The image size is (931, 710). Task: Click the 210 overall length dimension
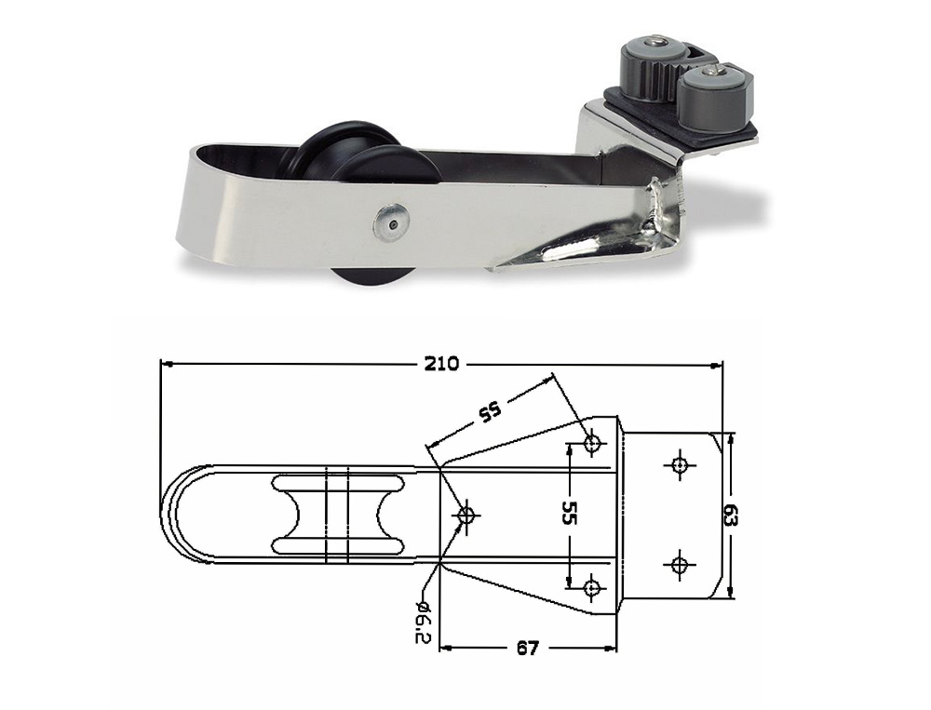(x=441, y=364)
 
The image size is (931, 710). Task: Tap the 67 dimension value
(x=527, y=649)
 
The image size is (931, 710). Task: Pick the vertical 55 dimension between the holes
(x=569, y=513)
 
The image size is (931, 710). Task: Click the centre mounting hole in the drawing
(x=467, y=515)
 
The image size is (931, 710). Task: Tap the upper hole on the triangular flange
(x=592, y=442)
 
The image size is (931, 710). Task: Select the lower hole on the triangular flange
(x=591, y=588)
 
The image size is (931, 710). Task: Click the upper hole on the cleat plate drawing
(x=679, y=464)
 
